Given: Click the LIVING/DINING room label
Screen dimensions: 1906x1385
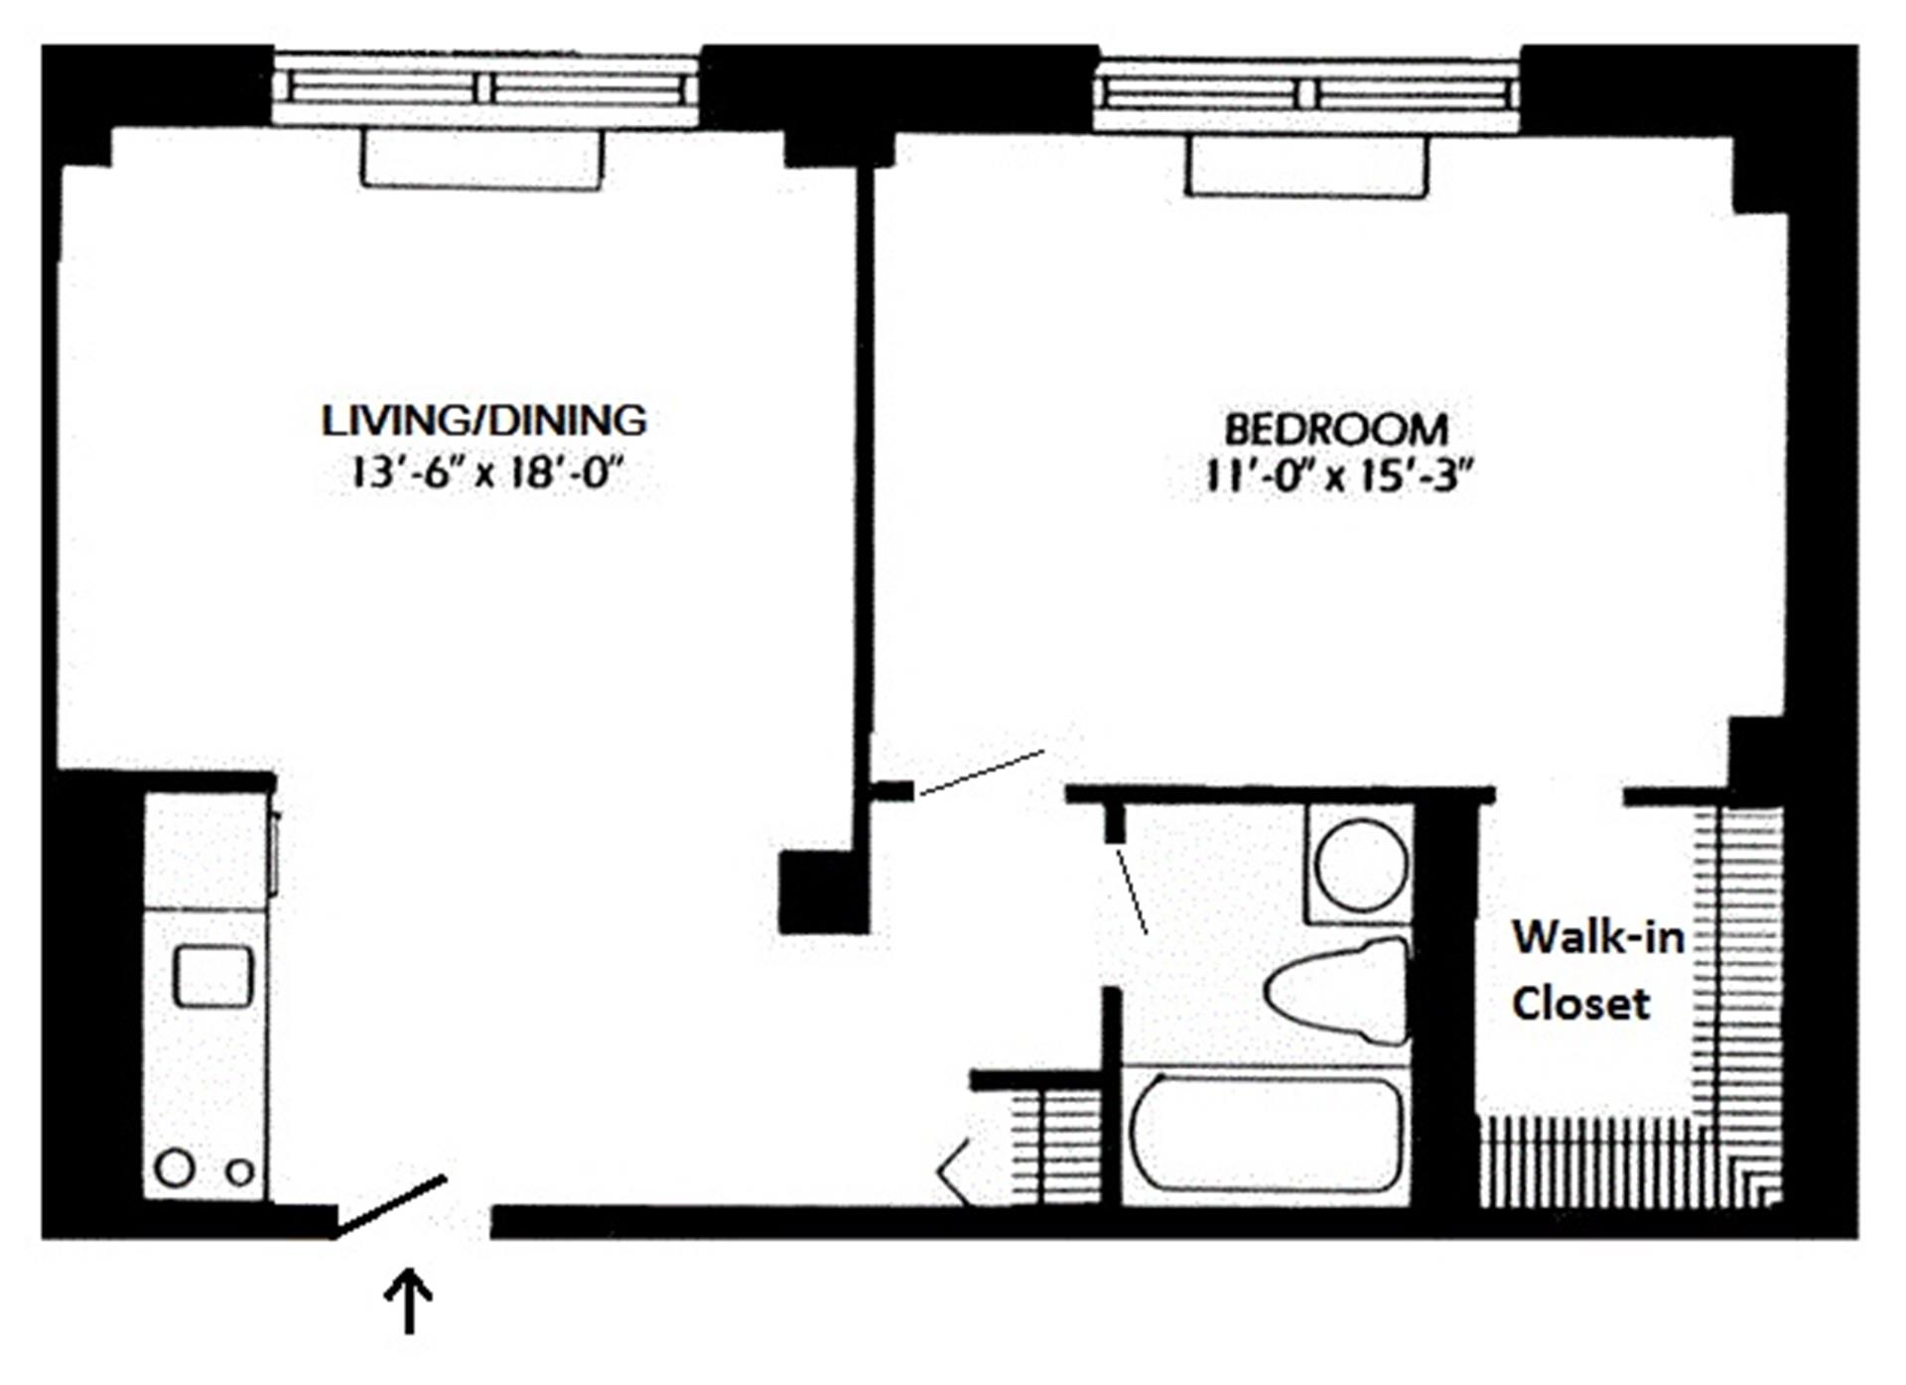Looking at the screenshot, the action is (483, 421).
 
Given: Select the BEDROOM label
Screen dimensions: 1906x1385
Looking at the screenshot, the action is (1336, 430).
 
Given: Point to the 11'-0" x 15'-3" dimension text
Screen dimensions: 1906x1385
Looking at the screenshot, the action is (1336, 478).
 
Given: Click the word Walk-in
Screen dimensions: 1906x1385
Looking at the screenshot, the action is (1597, 937).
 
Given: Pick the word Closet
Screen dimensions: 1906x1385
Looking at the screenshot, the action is (1580, 1004).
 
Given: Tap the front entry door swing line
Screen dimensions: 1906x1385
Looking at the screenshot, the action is (392, 1206).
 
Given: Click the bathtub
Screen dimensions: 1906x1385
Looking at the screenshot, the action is (1268, 1135).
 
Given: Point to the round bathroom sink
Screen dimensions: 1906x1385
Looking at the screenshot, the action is (1361, 863).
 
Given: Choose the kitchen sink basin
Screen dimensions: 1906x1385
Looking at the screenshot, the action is (212, 975).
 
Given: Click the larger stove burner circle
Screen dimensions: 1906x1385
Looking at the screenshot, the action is (175, 1168).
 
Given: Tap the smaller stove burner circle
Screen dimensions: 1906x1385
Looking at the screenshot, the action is (239, 1173).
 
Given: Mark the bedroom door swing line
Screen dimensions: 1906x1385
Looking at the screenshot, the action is (981, 772).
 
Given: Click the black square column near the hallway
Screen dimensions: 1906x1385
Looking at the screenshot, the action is (823, 892).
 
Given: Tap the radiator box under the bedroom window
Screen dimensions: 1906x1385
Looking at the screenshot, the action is (1306, 166).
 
